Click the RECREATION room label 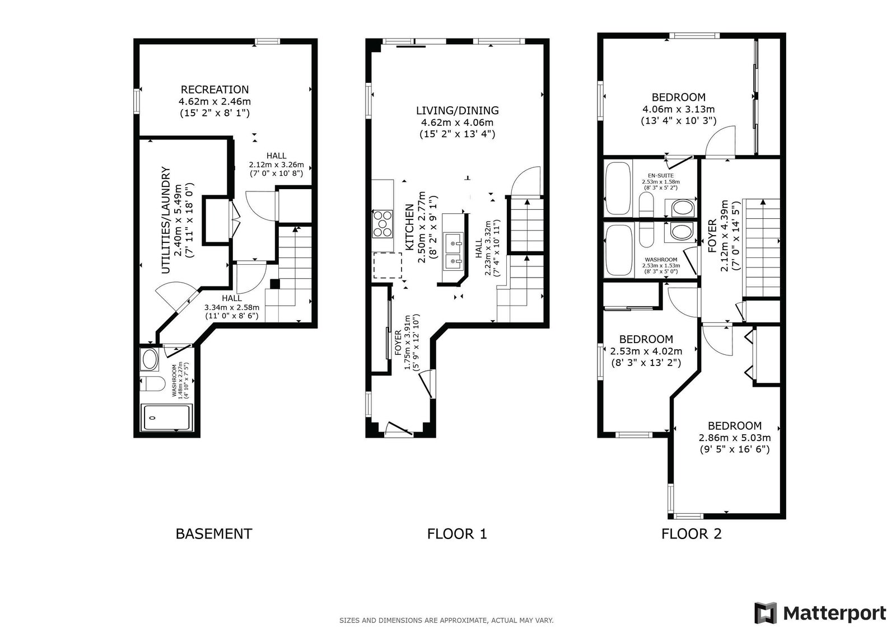coord(214,90)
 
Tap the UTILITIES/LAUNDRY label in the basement coord(166,221)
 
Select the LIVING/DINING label coord(457,110)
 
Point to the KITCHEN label coord(409,228)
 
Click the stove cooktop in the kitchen coord(382,224)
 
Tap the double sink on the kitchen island coord(454,251)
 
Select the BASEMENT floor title coord(214,534)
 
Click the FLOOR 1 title coord(457,534)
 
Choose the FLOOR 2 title coord(691,534)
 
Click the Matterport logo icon coord(765,613)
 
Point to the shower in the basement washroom coord(166,418)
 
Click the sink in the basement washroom coord(150,359)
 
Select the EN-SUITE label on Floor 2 coord(660,176)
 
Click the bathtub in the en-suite coord(618,188)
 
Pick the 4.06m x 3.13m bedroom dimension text coord(678,109)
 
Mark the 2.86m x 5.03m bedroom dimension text coord(734,438)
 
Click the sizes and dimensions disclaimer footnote coord(446,621)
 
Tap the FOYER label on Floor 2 coord(712,236)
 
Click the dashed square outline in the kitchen coord(388,265)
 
